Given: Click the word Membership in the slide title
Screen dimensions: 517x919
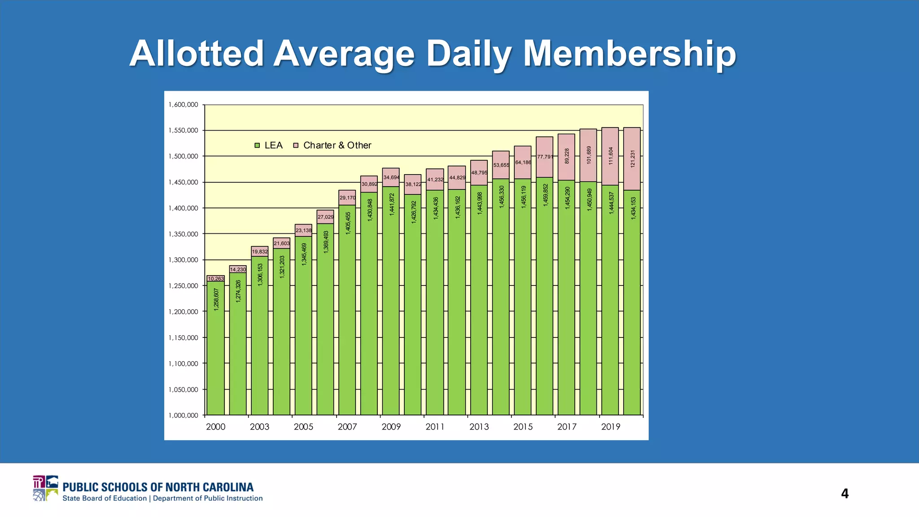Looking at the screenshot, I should [x=630, y=53].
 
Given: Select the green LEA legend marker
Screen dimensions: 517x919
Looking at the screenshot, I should [x=257, y=145].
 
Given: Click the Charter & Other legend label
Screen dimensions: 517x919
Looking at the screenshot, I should [x=337, y=145].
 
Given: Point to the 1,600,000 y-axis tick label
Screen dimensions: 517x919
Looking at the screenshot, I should [x=183, y=105].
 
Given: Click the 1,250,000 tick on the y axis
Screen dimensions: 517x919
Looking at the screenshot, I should [x=183, y=286].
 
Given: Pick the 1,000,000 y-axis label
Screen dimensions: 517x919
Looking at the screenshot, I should [x=183, y=415].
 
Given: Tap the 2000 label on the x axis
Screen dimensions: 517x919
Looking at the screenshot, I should [x=215, y=427].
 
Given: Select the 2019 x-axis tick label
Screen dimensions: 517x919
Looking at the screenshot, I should [x=610, y=427].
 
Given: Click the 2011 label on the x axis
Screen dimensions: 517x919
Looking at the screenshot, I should [x=435, y=427].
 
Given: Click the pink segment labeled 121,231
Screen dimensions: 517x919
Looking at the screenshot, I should [x=632, y=159].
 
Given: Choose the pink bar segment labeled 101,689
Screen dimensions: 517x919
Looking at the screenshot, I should [x=588, y=155].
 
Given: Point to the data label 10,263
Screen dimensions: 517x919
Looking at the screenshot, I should [x=216, y=279].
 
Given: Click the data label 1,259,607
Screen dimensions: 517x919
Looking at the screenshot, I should [x=216, y=299].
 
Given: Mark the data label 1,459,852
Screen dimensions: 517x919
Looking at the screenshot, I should [x=545, y=195].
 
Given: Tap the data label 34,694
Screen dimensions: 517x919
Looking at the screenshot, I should [x=391, y=178].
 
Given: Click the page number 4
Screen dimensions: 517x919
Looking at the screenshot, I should [x=845, y=494].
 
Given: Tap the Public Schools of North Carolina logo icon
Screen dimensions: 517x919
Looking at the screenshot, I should [x=45, y=488].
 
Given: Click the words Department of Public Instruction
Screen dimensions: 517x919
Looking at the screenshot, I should [x=208, y=498].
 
